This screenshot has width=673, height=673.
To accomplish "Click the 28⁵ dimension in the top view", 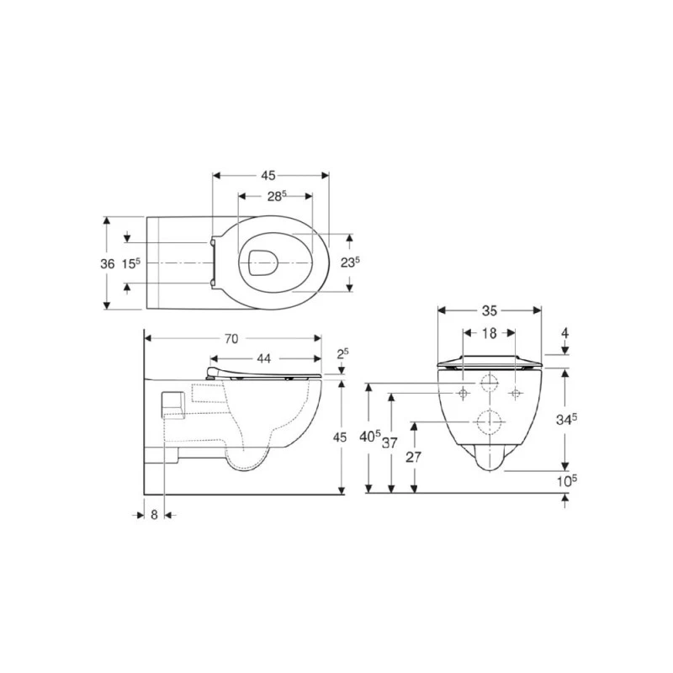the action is coord(277,196).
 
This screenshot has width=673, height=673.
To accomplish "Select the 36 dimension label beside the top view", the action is coord(108,263).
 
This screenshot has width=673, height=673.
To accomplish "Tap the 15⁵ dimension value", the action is coord(130,263).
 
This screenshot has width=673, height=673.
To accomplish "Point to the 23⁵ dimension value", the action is coord(350,262).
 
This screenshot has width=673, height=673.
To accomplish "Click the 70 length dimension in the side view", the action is coord(231,339).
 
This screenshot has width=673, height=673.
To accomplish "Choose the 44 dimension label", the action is coord(263,358).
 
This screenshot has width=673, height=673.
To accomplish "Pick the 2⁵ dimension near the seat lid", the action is coord(342,353).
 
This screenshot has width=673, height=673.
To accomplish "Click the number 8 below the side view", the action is coord(155,515).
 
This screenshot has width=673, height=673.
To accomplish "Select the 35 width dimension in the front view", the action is coord(489,310).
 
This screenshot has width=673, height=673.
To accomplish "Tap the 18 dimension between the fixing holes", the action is coord(490,333).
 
